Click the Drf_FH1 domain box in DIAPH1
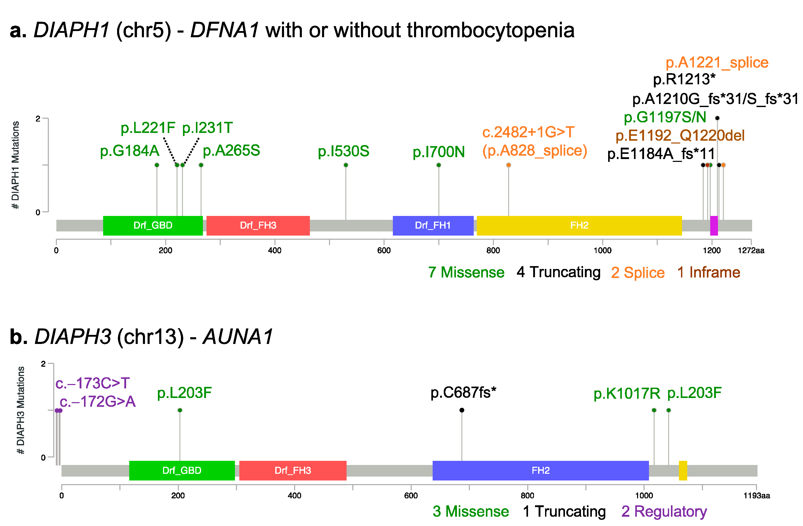point(433,225)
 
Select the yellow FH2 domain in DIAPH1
point(579,225)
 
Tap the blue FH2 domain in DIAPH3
point(540,470)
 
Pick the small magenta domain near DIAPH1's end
point(714,225)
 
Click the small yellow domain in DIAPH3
point(683,470)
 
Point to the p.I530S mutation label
point(343,151)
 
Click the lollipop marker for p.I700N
point(439,165)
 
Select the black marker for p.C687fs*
point(462,410)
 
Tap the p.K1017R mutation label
point(626,394)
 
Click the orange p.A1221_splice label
point(717,63)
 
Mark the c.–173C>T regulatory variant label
point(93,383)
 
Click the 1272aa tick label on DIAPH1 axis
point(751,251)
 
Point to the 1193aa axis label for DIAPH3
point(756,496)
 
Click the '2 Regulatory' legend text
point(664,512)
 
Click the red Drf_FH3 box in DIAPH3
point(293,470)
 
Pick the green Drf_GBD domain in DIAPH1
point(153,225)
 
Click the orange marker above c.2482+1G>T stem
point(508,165)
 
